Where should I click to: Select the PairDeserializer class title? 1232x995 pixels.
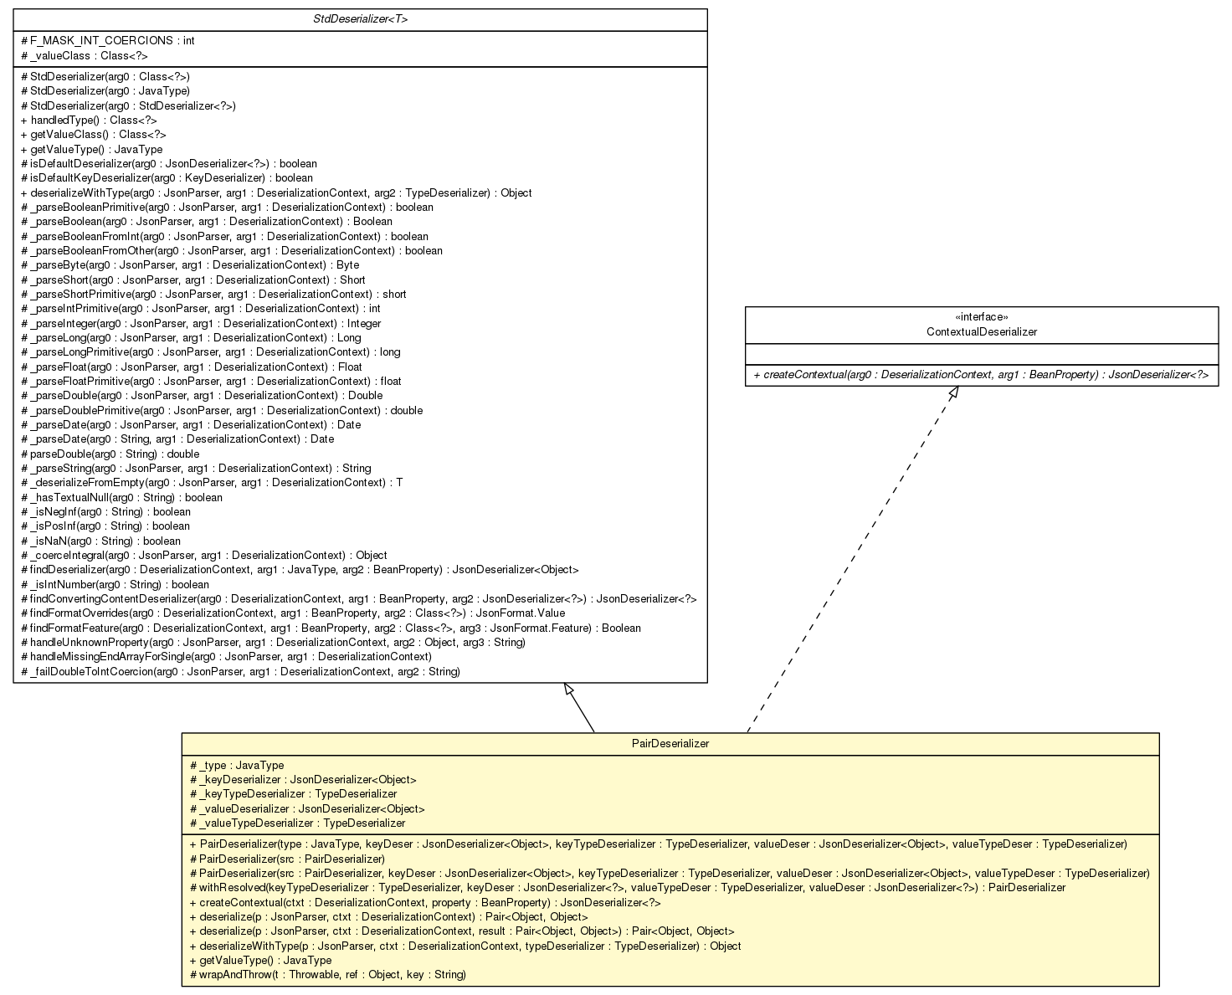pyautogui.click(x=670, y=744)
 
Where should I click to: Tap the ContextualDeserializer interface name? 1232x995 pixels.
pyautogui.click(x=982, y=331)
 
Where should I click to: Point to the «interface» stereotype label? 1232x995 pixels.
pyautogui.click(x=982, y=317)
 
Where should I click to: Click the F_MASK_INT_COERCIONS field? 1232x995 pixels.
pyautogui.click(x=110, y=41)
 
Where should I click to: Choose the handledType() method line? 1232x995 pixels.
pyautogui.click(x=89, y=121)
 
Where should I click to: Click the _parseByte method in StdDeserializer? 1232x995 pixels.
pyautogui.click(x=190, y=265)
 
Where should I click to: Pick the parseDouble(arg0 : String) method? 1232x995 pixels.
pyautogui.click(x=110, y=454)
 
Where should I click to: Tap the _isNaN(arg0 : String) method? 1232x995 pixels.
pyautogui.click(x=101, y=541)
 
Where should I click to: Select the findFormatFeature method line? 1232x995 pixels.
pyautogui.click(x=331, y=628)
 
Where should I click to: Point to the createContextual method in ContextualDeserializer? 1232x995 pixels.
pyautogui.click(x=981, y=374)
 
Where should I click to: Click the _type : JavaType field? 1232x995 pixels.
pyautogui.click(x=238, y=765)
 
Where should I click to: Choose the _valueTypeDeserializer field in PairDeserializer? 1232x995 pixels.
pyautogui.click(x=298, y=823)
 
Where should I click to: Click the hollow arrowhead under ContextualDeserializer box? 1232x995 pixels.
pyautogui.click(x=952, y=394)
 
